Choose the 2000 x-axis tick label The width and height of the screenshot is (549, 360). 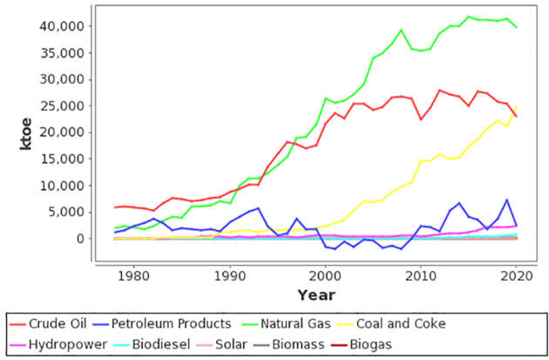[326, 275]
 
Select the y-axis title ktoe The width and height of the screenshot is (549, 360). [27, 133]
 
